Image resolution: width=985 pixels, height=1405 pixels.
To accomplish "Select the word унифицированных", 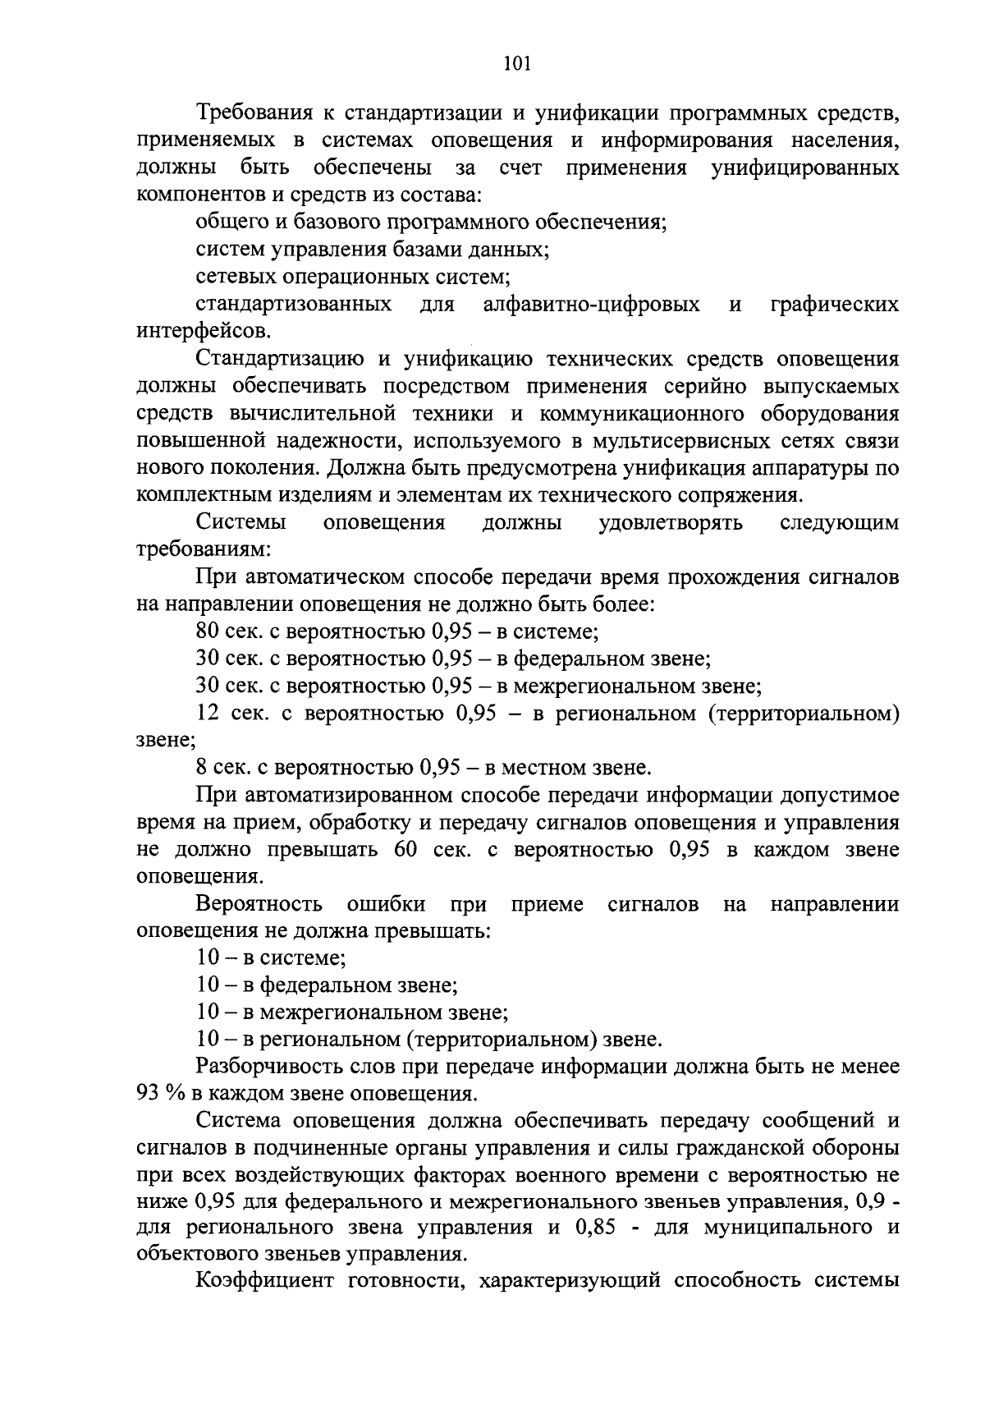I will click(804, 168).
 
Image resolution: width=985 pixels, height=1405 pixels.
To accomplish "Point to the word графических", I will click(834, 305).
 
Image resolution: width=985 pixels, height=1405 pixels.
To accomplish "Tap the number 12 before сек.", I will click(208, 714).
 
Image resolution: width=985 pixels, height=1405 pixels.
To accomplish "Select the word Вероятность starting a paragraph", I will click(259, 904).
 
